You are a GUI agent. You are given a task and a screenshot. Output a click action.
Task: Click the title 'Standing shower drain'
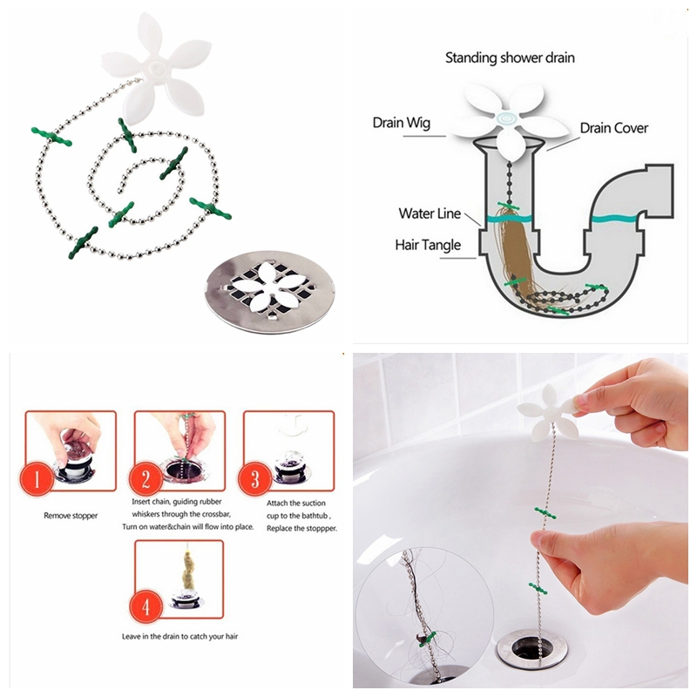tap(510, 58)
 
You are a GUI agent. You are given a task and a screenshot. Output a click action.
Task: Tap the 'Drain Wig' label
tap(402, 123)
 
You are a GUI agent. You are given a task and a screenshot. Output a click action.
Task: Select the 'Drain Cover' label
tap(614, 128)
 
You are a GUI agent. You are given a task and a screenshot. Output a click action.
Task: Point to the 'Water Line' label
tap(430, 213)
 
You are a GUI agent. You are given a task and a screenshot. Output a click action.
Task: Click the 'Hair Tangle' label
tap(428, 245)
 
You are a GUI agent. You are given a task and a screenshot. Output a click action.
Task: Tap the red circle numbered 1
tap(37, 480)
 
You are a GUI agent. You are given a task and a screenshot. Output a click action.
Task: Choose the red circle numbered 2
tap(145, 480)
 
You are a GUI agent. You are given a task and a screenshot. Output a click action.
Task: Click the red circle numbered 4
tap(145, 607)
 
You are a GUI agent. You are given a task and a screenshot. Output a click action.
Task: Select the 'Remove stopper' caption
tap(71, 516)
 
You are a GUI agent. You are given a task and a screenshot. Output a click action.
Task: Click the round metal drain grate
tap(270, 292)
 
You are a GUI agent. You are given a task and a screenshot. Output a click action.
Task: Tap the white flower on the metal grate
tap(270, 287)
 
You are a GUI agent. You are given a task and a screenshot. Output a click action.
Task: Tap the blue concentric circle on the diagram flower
tap(506, 118)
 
